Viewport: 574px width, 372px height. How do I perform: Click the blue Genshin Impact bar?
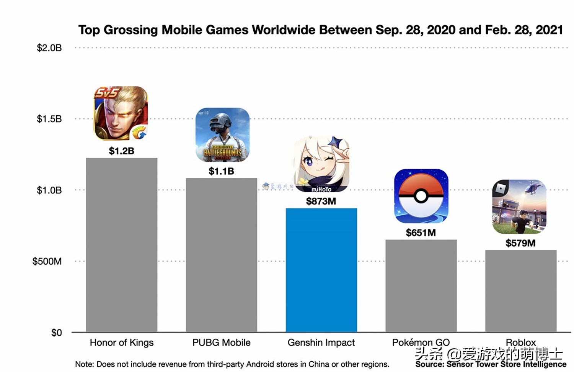(321, 270)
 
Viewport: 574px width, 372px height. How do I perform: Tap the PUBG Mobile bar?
(221, 254)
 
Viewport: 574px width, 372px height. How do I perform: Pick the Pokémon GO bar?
(421, 285)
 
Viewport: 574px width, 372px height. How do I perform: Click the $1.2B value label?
(121, 151)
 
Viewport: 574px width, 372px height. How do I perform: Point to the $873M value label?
(321, 201)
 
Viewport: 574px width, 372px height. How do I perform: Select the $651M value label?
(421, 233)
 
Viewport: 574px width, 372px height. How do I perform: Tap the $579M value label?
(520, 243)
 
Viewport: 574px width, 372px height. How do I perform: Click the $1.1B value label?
(221, 171)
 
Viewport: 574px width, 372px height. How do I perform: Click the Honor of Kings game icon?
(121, 113)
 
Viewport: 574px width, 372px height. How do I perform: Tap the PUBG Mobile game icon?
(222, 135)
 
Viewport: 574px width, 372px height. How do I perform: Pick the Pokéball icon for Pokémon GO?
(421, 196)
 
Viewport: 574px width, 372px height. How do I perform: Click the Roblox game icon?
(519, 207)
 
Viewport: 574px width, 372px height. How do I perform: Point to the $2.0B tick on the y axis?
(49, 48)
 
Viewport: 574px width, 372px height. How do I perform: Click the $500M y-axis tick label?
(47, 261)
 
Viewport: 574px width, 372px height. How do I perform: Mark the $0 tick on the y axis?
(56, 333)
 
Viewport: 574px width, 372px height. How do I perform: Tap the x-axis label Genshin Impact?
(321, 343)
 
